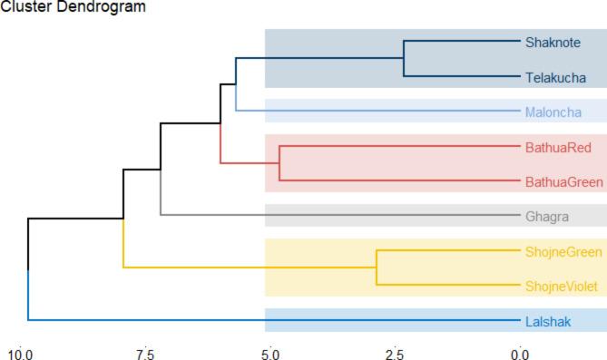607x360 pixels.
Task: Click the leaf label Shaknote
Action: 553,42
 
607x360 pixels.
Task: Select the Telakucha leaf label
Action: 554,79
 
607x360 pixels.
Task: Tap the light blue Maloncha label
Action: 553,112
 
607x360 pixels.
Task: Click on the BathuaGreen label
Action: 563,182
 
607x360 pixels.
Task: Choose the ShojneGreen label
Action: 563,251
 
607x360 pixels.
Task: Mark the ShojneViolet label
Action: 562,287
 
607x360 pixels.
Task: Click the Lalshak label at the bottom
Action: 548,321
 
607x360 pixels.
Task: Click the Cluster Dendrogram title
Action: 62,7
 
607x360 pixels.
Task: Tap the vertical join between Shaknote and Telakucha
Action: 405,58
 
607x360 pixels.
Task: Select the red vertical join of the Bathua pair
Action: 279,163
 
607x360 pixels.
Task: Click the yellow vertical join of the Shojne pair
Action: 376,268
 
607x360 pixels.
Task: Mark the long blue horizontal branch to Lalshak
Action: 272,320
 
